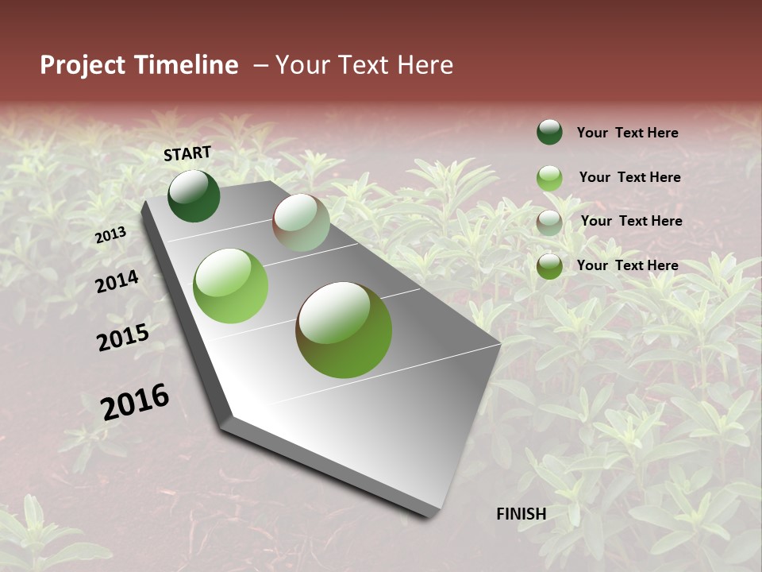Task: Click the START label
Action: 187,153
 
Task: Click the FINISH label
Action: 521,514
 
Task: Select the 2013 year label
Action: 111,235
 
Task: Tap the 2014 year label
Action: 117,281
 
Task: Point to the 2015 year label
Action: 123,338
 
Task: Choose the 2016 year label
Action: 135,402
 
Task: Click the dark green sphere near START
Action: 194,195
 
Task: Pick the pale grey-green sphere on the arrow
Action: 301,222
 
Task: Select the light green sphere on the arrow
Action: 230,286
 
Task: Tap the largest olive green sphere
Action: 344,330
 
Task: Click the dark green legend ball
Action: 549,133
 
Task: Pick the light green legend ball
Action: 549,178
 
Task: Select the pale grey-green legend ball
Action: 549,222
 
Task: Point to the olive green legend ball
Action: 549,266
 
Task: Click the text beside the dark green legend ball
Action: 627,133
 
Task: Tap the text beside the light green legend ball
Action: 629,177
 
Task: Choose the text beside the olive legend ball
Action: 627,265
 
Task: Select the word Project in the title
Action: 83,65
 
